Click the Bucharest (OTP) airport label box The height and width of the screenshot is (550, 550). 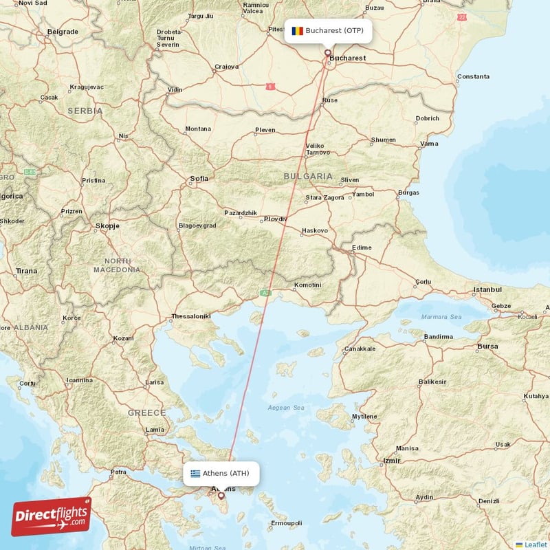pos(329,31)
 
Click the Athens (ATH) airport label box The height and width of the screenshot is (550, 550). pos(221,473)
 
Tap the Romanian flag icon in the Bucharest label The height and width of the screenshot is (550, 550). pos(297,31)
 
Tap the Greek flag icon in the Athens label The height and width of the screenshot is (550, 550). pos(195,474)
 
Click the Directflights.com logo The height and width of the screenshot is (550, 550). pos(52,516)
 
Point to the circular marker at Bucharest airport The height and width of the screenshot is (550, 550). pos(328,52)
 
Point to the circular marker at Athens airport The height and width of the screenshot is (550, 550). pos(221,495)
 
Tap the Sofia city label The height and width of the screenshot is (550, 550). pos(199,179)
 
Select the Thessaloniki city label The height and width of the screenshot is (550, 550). pos(190,316)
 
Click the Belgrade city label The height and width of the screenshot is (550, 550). pos(63,32)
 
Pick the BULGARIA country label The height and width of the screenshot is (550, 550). pos(308,177)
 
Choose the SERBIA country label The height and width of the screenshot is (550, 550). pos(85,111)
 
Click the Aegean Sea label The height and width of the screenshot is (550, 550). pos(286,408)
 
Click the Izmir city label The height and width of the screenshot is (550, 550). pos(392,460)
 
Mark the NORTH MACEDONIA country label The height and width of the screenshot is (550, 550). pos(117,265)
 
